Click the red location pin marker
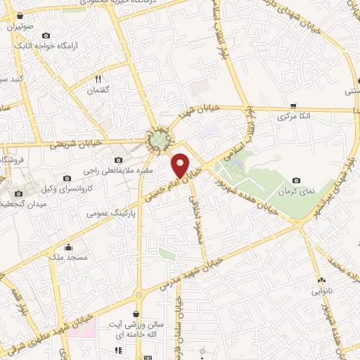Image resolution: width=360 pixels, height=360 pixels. [x=181, y=165]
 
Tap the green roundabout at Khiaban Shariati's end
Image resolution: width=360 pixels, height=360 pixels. [x=160, y=140]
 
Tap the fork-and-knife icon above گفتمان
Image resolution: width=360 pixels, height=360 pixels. [x=98, y=79]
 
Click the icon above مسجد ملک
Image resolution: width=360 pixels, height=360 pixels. [x=69, y=247]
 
